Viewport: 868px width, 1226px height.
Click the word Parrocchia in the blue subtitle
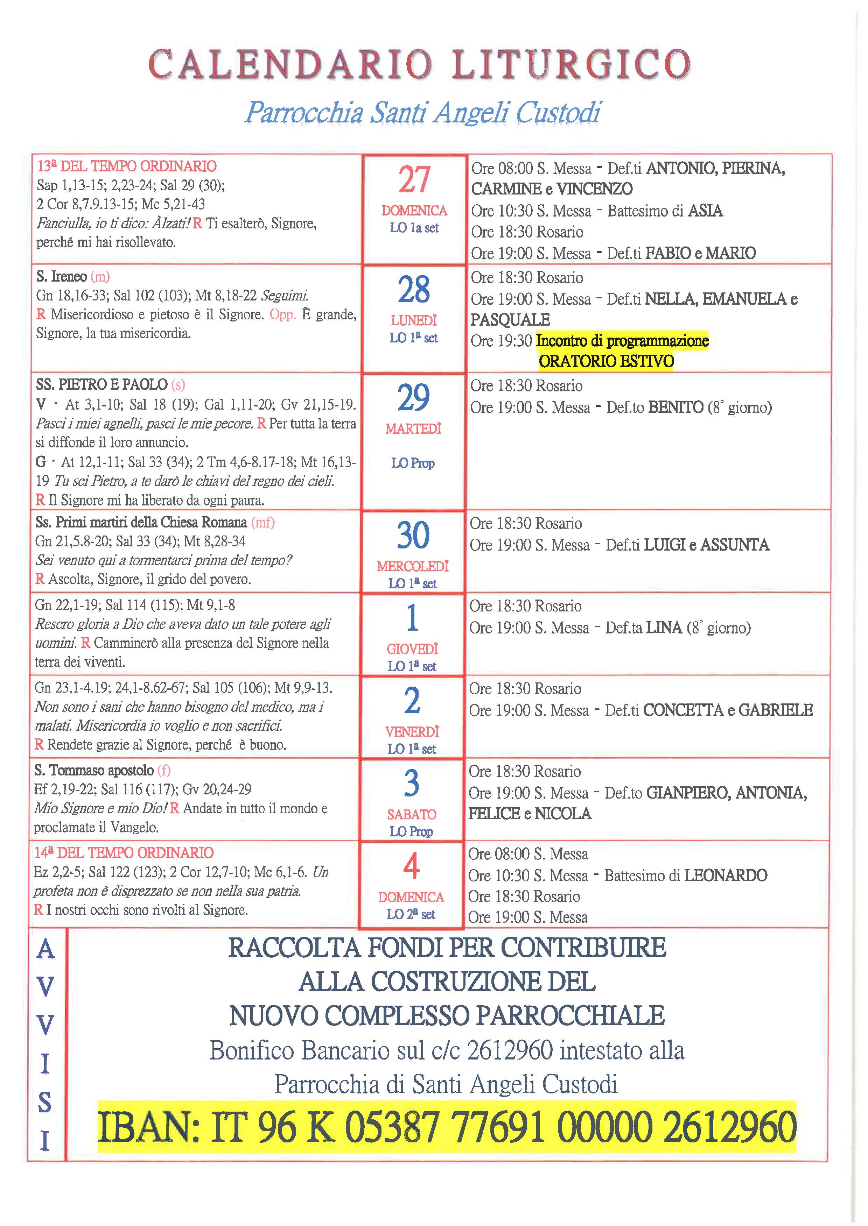coord(304,113)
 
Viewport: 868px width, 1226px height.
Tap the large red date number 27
coord(414,180)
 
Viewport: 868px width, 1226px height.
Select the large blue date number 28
coord(414,290)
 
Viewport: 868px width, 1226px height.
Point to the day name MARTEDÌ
coord(413,429)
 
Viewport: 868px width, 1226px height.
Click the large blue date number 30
coord(413,535)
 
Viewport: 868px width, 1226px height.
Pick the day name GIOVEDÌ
coord(413,649)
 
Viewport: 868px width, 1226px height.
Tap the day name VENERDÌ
coord(412,732)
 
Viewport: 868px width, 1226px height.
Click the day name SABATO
coord(412,815)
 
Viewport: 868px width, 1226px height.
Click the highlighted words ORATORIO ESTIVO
coord(606,361)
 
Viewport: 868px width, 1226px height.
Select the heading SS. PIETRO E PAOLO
coord(101,385)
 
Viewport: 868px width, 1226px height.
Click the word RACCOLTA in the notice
coord(294,948)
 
